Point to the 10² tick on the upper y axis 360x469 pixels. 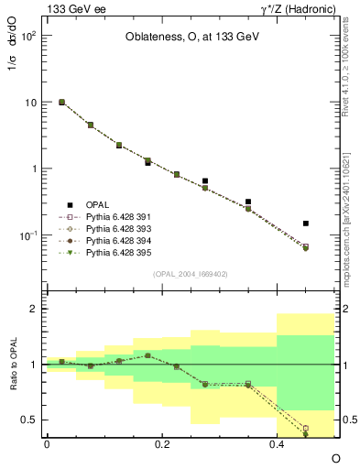pyautogui.click(x=30, y=36)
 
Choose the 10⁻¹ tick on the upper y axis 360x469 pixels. pyautogui.click(x=29, y=235)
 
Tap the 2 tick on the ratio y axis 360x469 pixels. pyautogui.click(x=35, y=309)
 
